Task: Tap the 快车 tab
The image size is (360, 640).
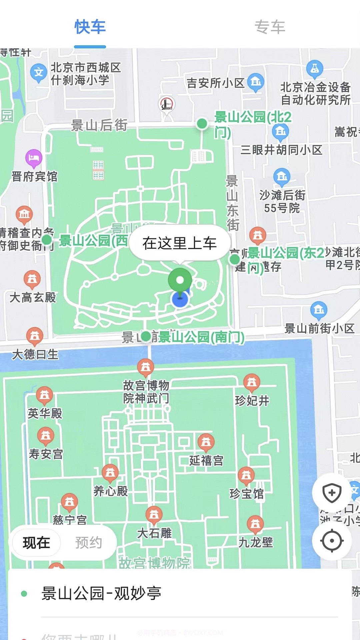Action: pos(90,27)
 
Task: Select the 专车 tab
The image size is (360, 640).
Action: pos(270,27)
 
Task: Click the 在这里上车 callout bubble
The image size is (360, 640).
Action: pos(180,243)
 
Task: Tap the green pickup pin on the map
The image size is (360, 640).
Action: pos(180,280)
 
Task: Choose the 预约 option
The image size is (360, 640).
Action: pos(88,543)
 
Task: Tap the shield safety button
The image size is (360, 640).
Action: pos(332,493)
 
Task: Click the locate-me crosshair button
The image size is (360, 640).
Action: pos(332,541)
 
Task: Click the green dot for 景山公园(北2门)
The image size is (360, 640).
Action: pos(202,124)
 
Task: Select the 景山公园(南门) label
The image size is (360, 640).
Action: pos(201,337)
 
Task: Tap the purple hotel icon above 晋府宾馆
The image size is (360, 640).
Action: pos(34,158)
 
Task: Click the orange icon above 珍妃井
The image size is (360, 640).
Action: pos(252,382)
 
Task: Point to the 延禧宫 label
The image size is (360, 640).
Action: pos(206,461)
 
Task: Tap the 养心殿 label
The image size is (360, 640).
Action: pos(111,491)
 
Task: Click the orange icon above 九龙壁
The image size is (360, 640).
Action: pos(255,524)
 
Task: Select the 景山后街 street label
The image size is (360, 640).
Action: pos(99,125)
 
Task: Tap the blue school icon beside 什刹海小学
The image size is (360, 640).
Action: pos(39,72)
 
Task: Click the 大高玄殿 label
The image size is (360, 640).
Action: pos(33,297)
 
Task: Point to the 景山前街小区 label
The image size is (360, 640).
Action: pos(319,329)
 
